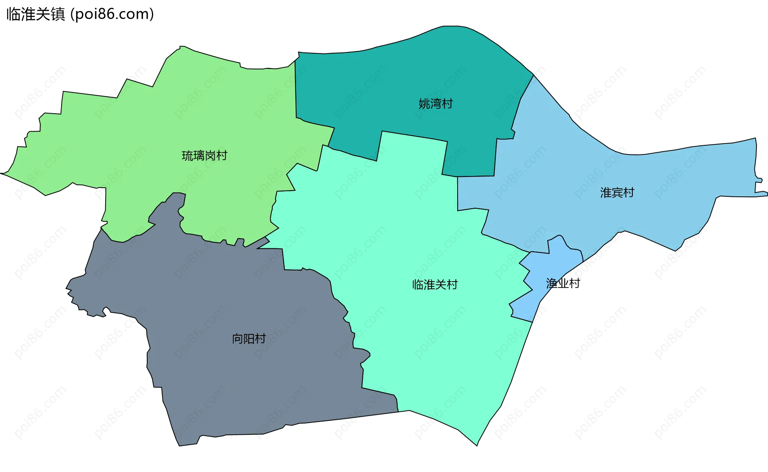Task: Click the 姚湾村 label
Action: (x=436, y=104)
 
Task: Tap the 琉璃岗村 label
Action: (x=204, y=156)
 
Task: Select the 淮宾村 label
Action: (x=617, y=193)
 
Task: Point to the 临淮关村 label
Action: (x=435, y=285)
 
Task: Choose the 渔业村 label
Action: (x=563, y=284)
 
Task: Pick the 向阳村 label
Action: (x=249, y=339)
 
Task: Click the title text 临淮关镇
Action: (x=36, y=14)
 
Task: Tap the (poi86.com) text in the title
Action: (x=112, y=14)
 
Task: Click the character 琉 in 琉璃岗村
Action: (x=188, y=156)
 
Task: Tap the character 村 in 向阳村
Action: (x=260, y=339)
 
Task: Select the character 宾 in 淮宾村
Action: (x=617, y=193)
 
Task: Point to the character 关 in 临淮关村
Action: (x=440, y=285)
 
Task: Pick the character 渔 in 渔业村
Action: (x=552, y=284)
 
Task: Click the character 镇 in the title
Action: (x=58, y=14)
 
